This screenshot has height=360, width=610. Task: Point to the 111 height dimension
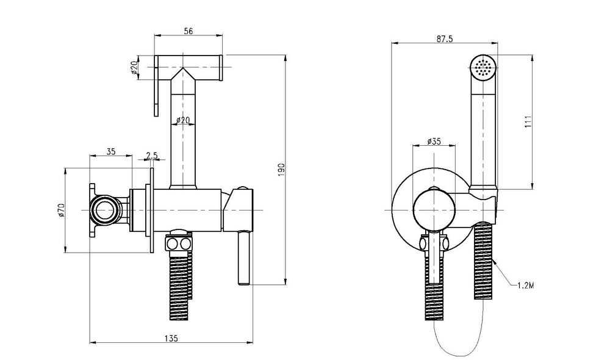point(528,122)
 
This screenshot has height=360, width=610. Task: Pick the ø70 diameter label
point(61,210)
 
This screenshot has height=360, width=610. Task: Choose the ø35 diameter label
point(434,141)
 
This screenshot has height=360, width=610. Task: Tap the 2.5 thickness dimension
point(151,156)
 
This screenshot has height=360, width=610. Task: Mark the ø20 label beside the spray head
point(134,67)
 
